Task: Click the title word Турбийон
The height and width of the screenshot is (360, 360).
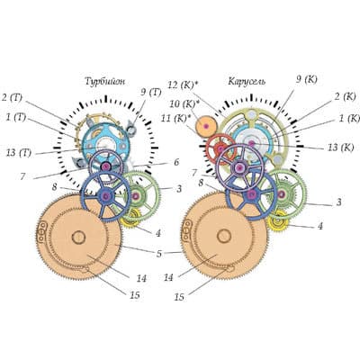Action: pos(104,82)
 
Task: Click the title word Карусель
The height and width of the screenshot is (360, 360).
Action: pos(247,82)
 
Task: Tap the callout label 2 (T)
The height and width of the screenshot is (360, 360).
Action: pos(12,98)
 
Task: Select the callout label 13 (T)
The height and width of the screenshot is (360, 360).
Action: pos(19,153)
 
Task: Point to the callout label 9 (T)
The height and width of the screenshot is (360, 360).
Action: pos(151,92)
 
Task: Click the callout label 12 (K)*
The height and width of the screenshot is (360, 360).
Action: pos(183,85)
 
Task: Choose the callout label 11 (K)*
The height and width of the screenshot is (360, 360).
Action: pos(176,119)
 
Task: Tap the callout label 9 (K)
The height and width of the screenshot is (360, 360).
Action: pos(307,79)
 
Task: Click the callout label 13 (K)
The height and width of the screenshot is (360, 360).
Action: pos(340,148)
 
